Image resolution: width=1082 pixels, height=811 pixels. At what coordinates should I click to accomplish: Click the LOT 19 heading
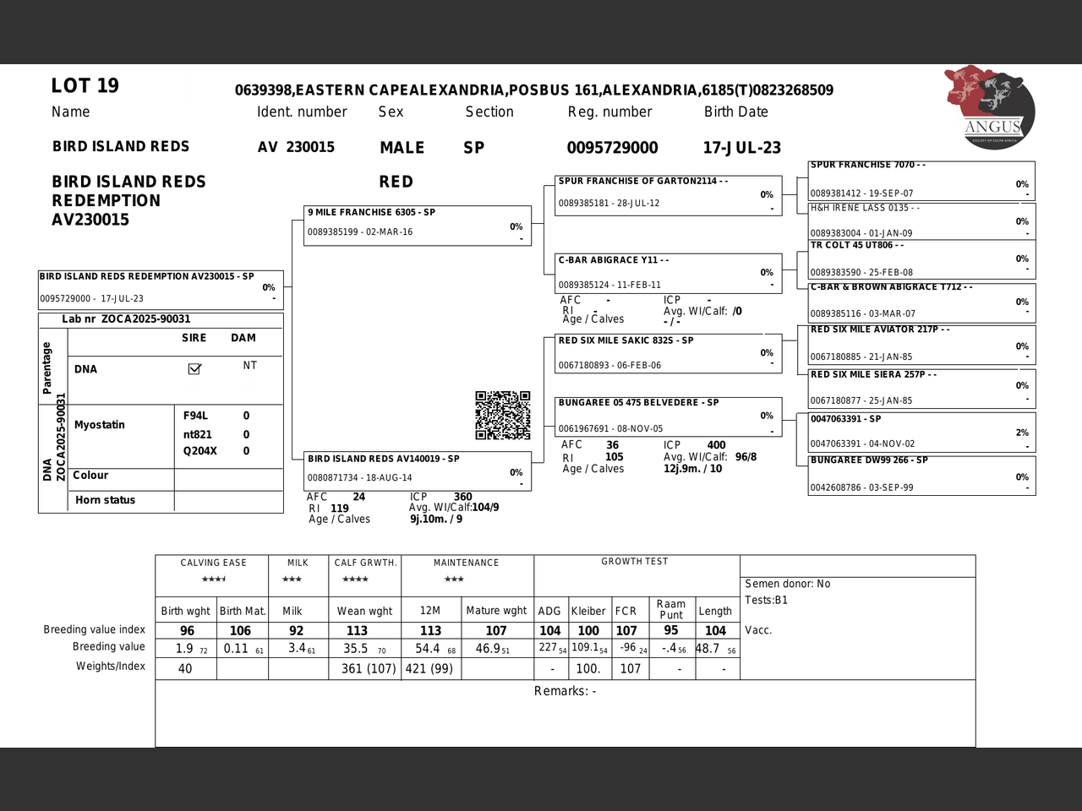[x=85, y=86]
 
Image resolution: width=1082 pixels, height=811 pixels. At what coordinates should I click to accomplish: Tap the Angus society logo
[x=990, y=107]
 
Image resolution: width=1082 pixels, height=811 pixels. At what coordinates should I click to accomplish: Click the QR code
[x=502, y=415]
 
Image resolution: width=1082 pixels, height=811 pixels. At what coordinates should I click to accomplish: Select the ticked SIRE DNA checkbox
[x=194, y=368]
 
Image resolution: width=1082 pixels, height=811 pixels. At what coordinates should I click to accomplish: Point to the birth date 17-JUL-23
[x=741, y=148]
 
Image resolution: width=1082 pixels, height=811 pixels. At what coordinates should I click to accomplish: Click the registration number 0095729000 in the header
[x=612, y=148]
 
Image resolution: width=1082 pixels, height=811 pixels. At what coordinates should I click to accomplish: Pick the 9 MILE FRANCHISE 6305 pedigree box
[x=418, y=226]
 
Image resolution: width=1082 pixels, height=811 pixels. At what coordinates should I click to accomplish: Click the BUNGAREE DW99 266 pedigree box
[x=921, y=475]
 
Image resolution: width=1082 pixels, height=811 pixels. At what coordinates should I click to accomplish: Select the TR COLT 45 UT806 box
[x=921, y=259]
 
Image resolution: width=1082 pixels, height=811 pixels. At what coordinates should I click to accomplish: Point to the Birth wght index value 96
[x=187, y=631]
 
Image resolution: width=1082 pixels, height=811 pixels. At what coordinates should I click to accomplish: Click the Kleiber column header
[x=587, y=611]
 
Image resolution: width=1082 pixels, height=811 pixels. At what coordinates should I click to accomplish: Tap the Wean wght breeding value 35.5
[x=356, y=649]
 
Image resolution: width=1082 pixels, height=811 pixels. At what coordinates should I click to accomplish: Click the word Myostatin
[x=99, y=425]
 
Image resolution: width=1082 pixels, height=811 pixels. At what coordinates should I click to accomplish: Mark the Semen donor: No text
[x=787, y=584]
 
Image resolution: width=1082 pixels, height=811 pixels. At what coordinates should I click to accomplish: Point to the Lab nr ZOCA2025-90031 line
[x=126, y=319]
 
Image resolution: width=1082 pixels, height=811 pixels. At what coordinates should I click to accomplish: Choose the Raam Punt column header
[x=670, y=609]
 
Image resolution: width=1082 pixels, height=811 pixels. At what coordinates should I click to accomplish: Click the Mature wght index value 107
[x=496, y=631]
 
